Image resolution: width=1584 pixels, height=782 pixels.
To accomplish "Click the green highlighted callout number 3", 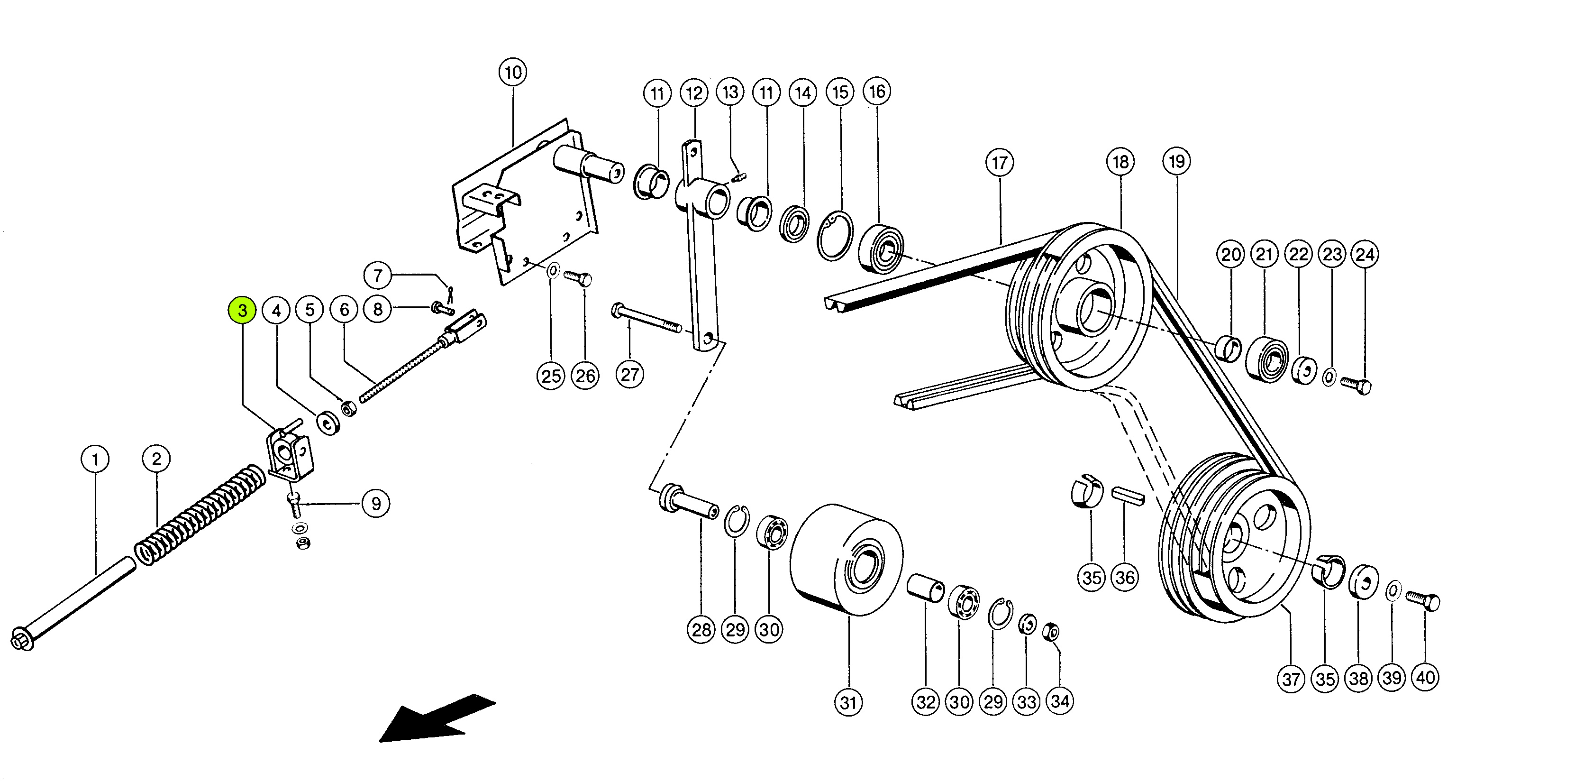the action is coord(242,311).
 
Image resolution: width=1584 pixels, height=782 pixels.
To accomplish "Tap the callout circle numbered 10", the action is coord(513,73).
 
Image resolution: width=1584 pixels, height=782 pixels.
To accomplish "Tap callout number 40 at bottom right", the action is coord(1425,677).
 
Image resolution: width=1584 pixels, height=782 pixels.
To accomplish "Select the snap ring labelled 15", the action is coord(835,236).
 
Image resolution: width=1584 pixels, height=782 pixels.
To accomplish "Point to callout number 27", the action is coord(629,374).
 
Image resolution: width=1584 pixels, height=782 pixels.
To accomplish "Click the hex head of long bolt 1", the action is coord(22,639).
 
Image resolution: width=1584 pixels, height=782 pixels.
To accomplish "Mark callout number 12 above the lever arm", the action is coord(693,93).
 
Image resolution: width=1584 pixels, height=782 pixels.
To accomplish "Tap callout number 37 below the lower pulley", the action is coord(1291,679).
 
